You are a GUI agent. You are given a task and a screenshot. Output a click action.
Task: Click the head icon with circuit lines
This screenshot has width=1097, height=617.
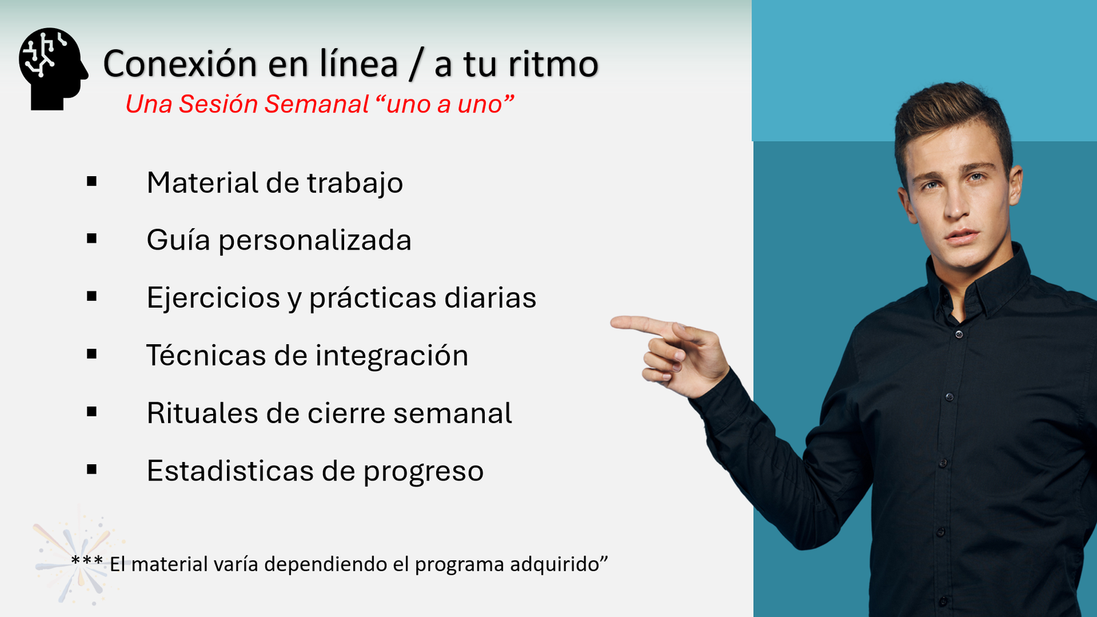(x=53, y=69)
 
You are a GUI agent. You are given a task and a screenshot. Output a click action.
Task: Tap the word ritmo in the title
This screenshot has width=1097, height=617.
(x=553, y=64)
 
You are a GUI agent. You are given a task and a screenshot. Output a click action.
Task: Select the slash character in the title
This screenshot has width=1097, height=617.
(x=415, y=64)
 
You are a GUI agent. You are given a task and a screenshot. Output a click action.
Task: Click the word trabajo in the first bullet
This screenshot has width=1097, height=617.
(x=355, y=184)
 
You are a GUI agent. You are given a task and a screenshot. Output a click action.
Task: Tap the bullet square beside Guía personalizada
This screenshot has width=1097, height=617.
(x=92, y=239)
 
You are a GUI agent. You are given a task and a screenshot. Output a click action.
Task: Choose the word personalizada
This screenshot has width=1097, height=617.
(x=315, y=241)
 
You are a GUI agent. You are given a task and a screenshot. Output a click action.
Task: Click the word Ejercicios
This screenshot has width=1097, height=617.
(x=213, y=298)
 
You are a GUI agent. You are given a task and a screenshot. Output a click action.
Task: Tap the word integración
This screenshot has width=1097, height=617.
(x=391, y=356)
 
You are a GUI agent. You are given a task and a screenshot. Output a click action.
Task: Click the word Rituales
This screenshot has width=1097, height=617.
(x=202, y=413)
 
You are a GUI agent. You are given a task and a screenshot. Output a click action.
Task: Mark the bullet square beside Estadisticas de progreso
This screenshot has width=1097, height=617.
(x=92, y=469)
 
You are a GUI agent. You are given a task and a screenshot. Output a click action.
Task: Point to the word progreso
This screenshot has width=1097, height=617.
(x=423, y=472)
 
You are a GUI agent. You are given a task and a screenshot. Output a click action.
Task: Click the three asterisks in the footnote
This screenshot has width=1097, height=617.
(x=86, y=560)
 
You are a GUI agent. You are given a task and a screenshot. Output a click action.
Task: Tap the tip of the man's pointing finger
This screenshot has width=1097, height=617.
(x=612, y=322)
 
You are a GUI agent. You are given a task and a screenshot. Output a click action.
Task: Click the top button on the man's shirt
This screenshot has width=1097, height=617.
(x=959, y=335)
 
